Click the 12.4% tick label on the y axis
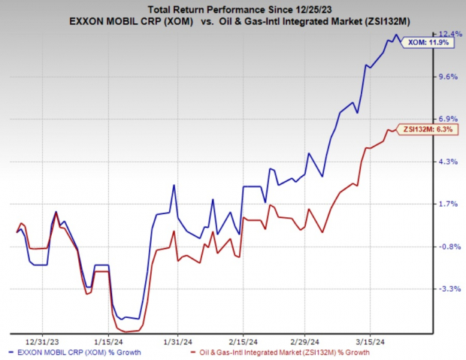(448, 34)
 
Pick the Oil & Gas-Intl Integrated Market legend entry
(283, 351)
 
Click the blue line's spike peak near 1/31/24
(174, 185)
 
